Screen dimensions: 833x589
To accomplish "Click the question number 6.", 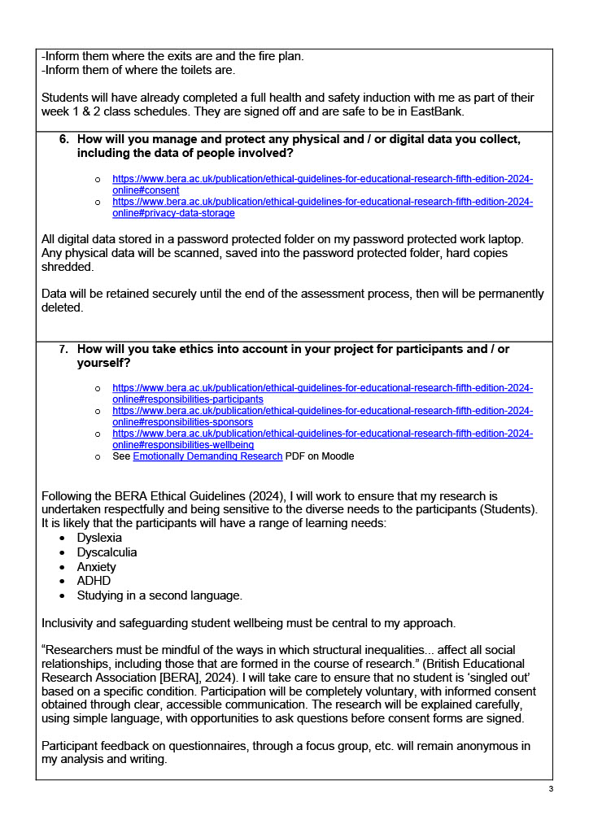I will click(x=63, y=139).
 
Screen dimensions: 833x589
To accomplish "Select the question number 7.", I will click(x=63, y=349).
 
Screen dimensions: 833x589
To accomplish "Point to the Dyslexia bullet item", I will click(x=99, y=538).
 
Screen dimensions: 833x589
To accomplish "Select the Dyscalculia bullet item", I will click(x=107, y=552).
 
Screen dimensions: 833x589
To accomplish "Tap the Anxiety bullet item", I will click(x=96, y=567).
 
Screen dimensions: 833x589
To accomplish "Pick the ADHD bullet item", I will click(x=94, y=581).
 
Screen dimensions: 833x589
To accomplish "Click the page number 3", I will click(x=551, y=789).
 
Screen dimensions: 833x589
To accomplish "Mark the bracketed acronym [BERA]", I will click(x=187, y=677).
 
